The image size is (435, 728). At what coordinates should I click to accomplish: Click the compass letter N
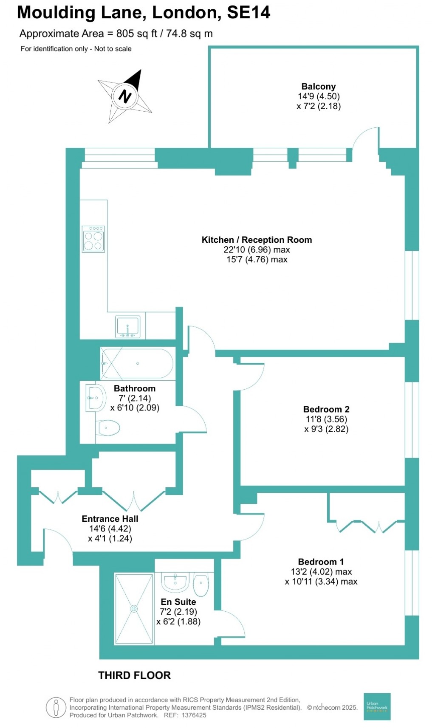tap(124, 96)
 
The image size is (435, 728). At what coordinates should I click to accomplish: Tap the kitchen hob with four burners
tap(93, 239)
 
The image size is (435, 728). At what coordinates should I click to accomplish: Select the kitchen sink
tap(127, 327)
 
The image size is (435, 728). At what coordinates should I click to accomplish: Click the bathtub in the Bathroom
tap(137, 364)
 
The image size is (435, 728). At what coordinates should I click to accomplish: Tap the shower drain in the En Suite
tap(134, 609)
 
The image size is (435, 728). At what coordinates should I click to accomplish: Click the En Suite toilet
tap(201, 585)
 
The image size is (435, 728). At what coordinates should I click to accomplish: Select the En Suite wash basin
tap(176, 582)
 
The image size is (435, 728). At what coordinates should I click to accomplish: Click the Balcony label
tap(319, 87)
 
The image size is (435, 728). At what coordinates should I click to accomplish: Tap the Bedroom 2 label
tap(326, 409)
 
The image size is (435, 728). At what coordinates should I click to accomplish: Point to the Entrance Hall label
tap(110, 519)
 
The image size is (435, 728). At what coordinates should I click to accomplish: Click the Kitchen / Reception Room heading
tap(257, 240)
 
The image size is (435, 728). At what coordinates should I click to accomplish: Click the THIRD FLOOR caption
tap(134, 675)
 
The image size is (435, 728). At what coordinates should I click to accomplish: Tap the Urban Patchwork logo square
tap(377, 707)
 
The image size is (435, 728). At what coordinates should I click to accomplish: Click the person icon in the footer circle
tap(56, 708)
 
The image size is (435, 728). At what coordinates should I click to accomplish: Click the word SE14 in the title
tap(249, 13)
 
